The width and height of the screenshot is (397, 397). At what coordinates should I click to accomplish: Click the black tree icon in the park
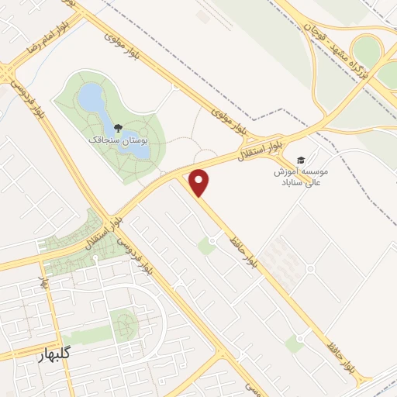[x=117, y=126]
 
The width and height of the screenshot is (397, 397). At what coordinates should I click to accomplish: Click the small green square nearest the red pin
[x=206, y=247]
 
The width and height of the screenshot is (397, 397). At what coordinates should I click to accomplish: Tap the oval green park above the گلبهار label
[x=123, y=325]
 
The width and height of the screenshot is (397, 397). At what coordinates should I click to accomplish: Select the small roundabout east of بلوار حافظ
[x=309, y=269]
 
